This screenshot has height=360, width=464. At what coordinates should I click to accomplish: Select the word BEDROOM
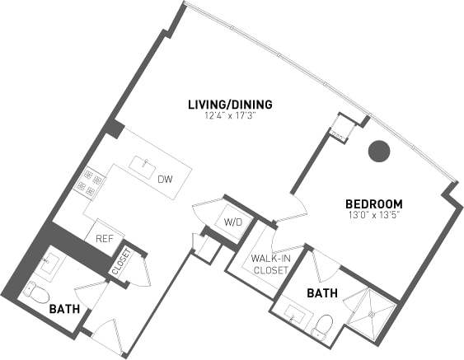click(373, 203)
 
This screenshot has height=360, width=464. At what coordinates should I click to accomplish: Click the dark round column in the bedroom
click(378, 150)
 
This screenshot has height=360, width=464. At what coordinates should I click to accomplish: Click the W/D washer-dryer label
click(232, 222)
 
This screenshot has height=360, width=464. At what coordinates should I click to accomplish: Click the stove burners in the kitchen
click(90, 184)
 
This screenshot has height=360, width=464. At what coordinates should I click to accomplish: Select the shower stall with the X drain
click(371, 314)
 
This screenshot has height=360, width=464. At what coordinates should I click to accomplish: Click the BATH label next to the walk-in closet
click(321, 292)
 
